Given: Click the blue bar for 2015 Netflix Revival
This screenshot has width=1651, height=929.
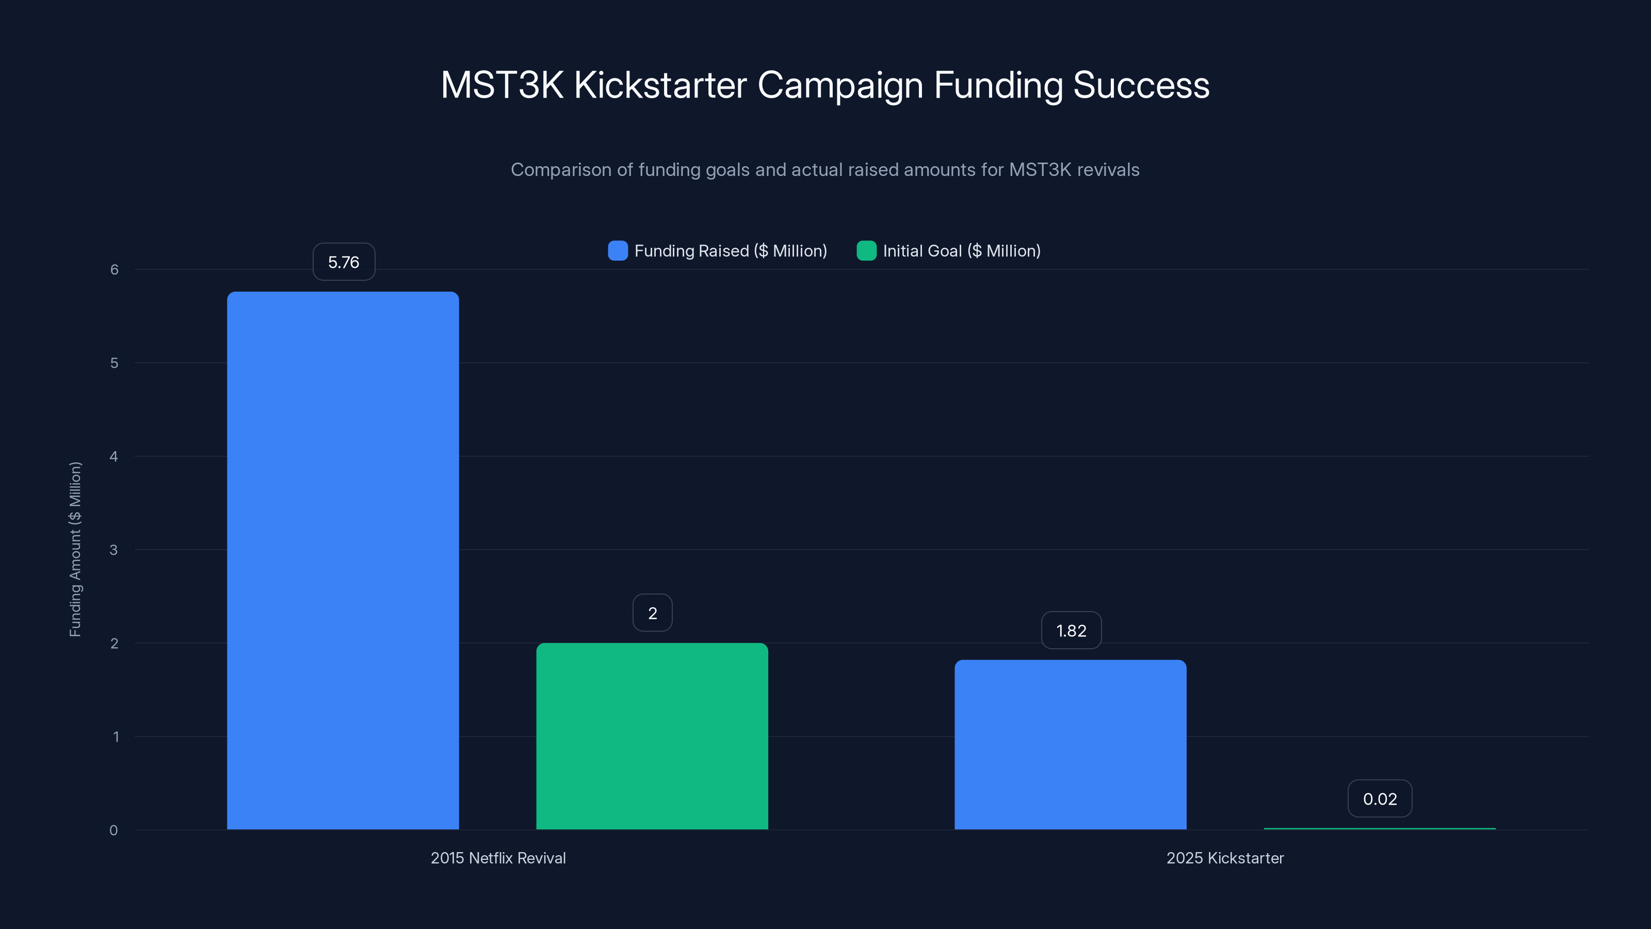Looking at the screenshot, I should (343, 561).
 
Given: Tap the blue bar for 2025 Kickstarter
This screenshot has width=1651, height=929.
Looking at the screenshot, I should (1071, 744).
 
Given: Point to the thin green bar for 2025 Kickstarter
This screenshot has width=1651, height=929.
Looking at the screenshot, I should (1379, 828).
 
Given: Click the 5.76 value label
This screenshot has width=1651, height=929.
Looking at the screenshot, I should (344, 262).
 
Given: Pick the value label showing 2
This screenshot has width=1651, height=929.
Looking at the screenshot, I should (653, 613).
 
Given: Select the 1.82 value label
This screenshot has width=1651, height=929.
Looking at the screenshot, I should (1071, 630).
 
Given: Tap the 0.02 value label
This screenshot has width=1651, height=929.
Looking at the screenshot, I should (1379, 798).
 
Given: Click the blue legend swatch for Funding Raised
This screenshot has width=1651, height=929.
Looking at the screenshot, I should (617, 251).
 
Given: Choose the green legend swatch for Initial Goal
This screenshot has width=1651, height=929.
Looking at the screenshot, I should (866, 251).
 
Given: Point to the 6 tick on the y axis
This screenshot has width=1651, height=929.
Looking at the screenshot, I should (114, 269).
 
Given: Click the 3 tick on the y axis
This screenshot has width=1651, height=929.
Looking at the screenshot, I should (114, 550).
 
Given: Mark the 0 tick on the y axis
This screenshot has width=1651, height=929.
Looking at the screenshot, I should (114, 830).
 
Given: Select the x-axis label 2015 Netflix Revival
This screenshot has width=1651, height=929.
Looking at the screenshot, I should (498, 858).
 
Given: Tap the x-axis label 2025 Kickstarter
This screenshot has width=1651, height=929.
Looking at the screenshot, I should (1225, 858).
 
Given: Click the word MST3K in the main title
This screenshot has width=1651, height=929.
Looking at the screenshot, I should (502, 85).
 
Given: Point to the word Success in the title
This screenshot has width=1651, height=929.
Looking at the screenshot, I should (1141, 85).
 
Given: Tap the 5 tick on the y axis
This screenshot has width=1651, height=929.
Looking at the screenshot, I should (114, 363).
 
